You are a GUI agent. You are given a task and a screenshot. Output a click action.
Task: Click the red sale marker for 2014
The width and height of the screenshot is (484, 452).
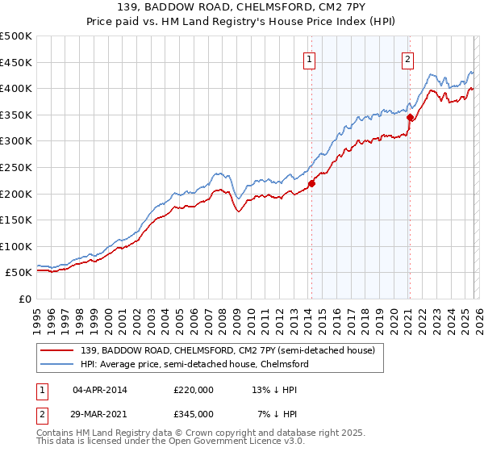pos(311,182)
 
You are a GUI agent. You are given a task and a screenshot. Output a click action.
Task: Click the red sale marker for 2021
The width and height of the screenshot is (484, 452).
pos(410,117)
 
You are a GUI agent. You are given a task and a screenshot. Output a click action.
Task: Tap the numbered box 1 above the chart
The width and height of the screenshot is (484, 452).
pos(310,58)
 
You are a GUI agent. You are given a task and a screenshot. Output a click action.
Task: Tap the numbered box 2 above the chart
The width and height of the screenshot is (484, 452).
pos(408,58)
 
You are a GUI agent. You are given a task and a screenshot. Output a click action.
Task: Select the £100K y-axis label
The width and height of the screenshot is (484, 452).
pos(16,246)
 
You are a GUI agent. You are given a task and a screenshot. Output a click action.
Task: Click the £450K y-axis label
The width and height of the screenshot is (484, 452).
pos(16,62)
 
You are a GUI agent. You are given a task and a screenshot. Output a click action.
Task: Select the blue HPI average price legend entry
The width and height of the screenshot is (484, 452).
pos(194,365)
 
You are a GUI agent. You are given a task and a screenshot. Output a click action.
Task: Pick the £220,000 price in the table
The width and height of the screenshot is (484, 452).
pos(194,389)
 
